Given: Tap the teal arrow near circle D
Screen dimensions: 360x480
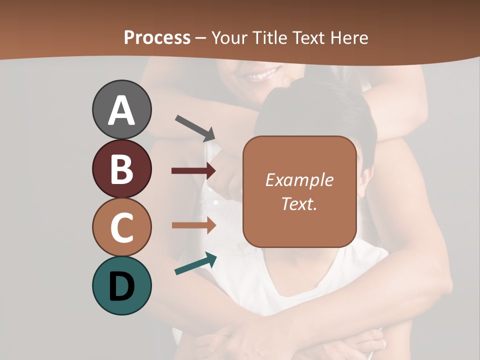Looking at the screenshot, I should [195, 264].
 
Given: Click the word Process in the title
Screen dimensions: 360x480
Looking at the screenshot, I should [157, 37].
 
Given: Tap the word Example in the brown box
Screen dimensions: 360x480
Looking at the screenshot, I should [299, 180].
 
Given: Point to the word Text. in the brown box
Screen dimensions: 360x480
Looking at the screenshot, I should [299, 203].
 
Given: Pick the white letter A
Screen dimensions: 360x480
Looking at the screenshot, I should [121, 110].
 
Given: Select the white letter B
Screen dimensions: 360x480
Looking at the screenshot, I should [121, 169].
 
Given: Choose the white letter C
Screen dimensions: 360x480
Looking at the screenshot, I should [121, 228].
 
